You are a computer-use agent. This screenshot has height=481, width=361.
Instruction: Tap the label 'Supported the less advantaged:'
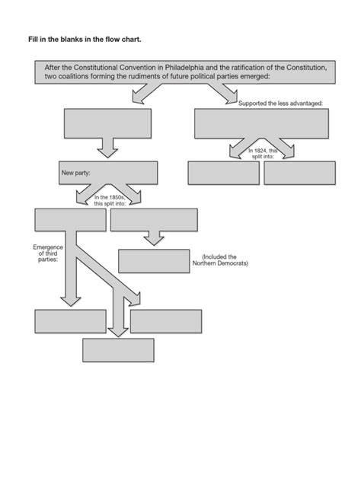pyautogui.click(x=280, y=103)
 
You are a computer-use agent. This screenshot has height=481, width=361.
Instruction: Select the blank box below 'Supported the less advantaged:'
pyautogui.click(x=261, y=126)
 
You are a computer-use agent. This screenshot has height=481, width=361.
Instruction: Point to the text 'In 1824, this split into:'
pyautogui.click(x=264, y=154)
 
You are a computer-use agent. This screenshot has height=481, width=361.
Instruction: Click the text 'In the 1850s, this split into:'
pyautogui.click(x=109, y=202)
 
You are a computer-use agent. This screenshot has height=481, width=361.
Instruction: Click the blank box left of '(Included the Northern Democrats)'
pyautogui.click(x=152, y=260)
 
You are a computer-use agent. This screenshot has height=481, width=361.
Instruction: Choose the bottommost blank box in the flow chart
pyautogui.click(x=118, y=350)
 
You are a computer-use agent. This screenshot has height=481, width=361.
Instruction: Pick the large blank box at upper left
pyautogui.click(x=107, y=124)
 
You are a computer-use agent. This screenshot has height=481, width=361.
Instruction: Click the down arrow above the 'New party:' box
pyautogui.click(x=107, y=148)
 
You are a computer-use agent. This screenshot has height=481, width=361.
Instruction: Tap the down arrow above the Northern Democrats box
pyautogui.click(x=154, y=238)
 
